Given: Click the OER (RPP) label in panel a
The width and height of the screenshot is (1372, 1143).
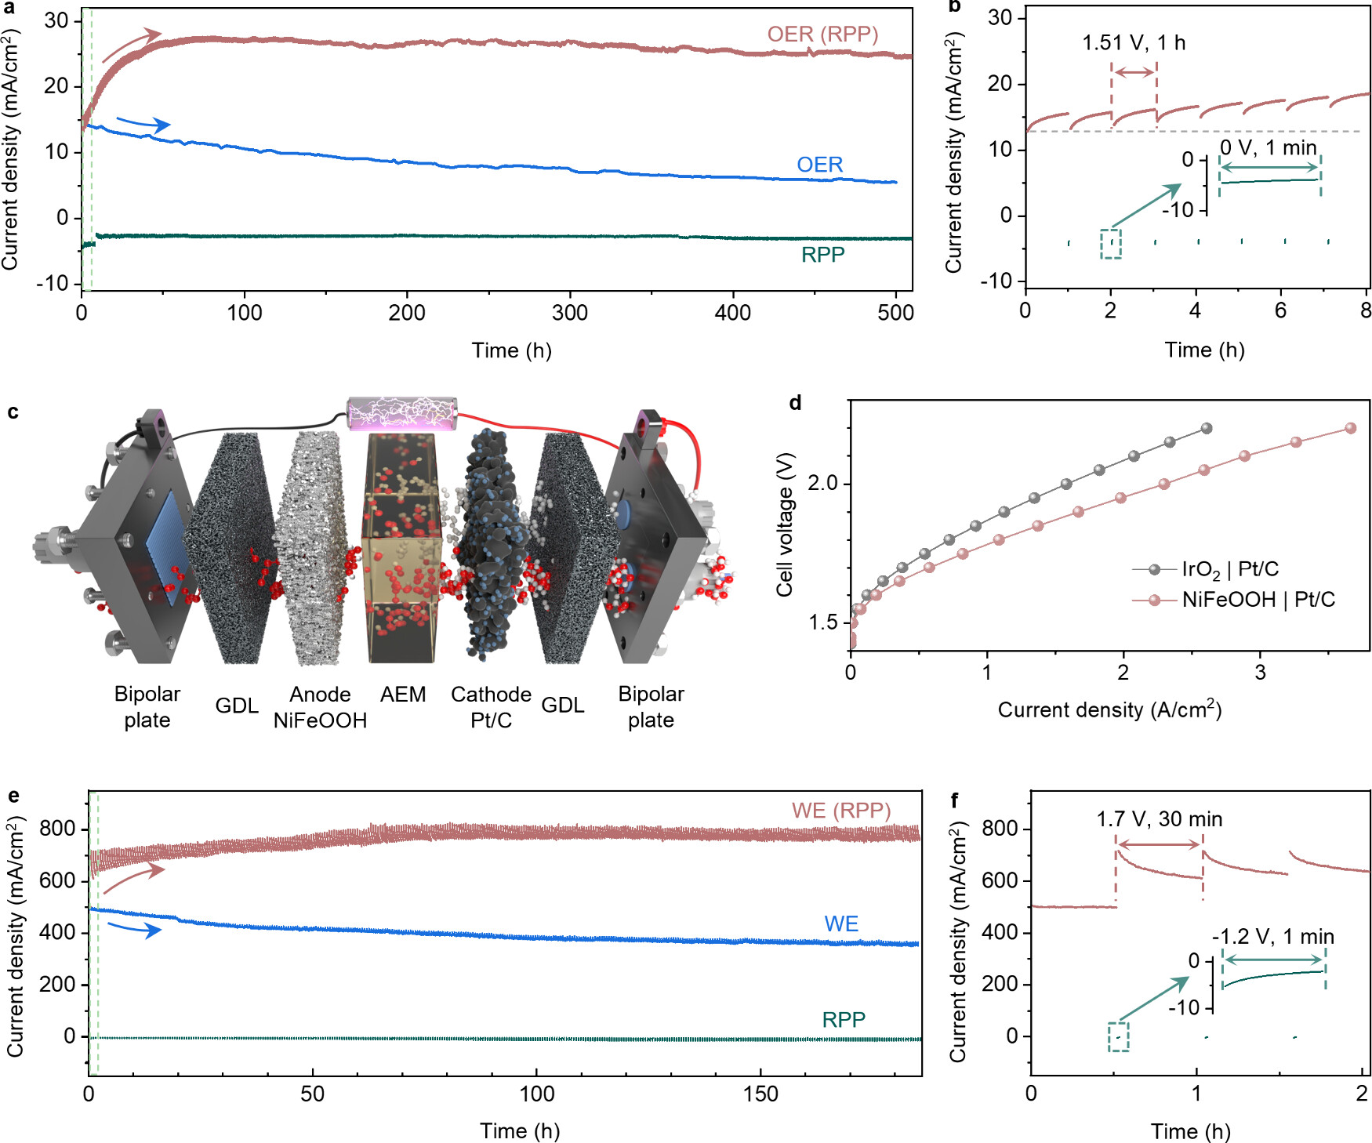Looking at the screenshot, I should [822, 34].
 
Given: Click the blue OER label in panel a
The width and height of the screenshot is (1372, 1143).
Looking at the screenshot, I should [819, 165].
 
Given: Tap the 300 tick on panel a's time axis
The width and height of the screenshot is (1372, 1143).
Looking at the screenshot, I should [570, 313].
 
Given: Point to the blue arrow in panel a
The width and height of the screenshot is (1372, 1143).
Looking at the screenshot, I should [143, 123].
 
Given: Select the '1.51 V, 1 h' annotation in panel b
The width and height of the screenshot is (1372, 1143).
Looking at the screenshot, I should [1133, 43].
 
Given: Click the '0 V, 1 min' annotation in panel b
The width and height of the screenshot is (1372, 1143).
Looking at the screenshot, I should [1268, 147].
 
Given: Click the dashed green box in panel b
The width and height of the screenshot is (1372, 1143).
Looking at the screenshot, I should [1110, 244].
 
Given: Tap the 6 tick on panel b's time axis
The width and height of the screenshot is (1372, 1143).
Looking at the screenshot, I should [1280, 310].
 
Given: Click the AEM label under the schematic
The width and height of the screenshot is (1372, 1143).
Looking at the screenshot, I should [403, 695].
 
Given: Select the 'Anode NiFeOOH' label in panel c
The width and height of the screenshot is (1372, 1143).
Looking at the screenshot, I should [320, 707].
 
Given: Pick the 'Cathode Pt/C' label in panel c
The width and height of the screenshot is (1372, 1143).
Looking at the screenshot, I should [491, 707].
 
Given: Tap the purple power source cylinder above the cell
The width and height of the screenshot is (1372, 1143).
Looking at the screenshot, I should [401, 413].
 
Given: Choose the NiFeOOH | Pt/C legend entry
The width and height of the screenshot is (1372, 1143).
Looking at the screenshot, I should [1258, 600].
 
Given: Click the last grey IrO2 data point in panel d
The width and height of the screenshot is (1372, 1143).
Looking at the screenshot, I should [1207, 428].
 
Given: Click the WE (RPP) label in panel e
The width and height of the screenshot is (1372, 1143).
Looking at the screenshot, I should [840, 811].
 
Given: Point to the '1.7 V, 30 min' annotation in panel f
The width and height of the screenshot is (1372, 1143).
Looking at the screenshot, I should [1159, 819].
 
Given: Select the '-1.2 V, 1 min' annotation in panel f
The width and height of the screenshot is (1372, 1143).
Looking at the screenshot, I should [1272, 937].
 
